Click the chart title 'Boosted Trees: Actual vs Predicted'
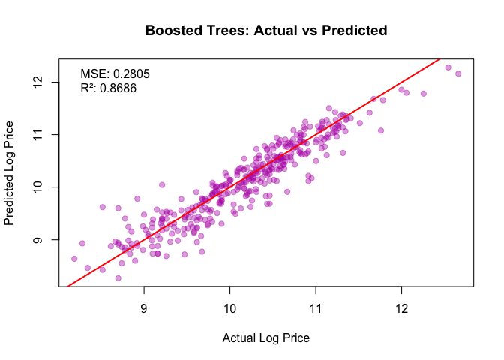pyautogui.click(x=266, y=31)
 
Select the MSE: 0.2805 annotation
pyautogui.click(x=115, y=73)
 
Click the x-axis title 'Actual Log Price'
pyautogui.click(x=266, y=337)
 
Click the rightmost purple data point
pyautogui.click(x=458, y=73)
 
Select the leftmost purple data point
pyautogui.click(x=74, y=259)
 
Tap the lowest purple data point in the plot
pyautogui.click(x=118, y=277)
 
